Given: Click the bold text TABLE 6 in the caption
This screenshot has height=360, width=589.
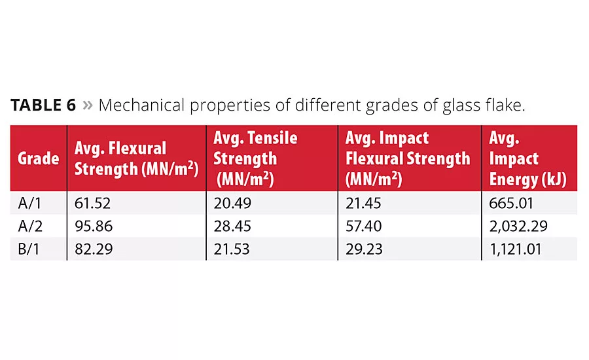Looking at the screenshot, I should (43, 105).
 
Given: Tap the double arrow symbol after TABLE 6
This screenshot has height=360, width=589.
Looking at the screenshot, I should (87, 106).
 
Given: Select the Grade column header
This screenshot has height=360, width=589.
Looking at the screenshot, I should (38, 159).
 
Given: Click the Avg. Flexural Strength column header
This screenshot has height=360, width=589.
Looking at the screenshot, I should (135, 159).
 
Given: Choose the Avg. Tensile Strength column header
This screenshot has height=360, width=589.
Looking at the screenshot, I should (255, 158).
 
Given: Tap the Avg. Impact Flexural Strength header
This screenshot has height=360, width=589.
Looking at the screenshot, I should (407, 158).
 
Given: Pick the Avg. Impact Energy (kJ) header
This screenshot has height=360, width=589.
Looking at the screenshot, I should (527, 158).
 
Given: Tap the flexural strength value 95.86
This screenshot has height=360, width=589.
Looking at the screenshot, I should (94, 226).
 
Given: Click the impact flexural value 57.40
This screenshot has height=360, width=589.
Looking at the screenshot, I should (365, 226).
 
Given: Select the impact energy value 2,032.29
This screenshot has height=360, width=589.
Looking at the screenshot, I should (518, 226).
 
